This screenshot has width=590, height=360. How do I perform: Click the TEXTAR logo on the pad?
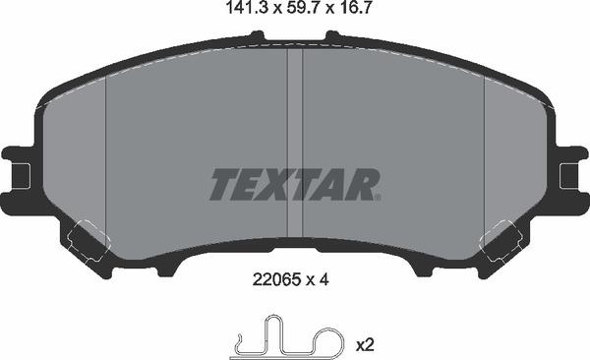(x=294, y=184)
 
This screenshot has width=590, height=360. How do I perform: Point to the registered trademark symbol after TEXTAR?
(x=377, y=197)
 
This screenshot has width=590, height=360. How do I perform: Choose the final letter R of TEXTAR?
(x=360, y=184)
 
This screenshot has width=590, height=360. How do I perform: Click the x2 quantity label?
(x=364, y=345)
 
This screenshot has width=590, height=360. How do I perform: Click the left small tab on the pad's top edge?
(x=258, y=37)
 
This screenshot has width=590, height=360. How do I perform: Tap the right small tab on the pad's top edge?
(x=332, y=37)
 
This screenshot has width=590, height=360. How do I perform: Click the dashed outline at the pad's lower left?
(x=87, y=239)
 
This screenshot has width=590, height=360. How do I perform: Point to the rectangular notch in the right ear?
(x=566, y=176)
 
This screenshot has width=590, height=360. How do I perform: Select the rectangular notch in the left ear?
(x=23, y=176)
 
